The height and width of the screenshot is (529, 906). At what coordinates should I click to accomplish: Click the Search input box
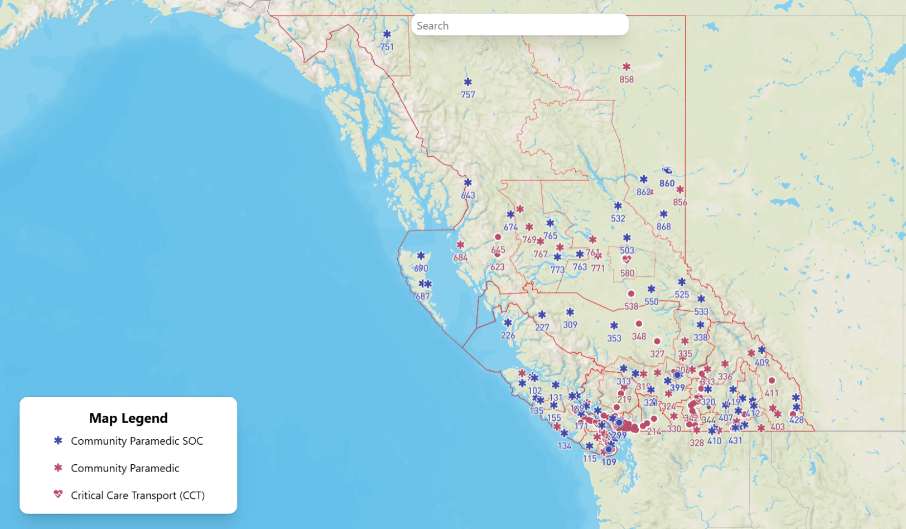click(x=519, y=26)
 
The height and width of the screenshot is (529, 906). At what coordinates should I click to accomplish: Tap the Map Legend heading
click(x=128, y=418)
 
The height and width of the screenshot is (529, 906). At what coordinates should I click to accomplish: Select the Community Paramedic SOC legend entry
click(x=137, y=441)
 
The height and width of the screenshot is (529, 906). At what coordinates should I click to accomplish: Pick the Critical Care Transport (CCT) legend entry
click(x=137, y=495)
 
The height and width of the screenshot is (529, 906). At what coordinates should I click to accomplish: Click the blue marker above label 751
click(x=387, y=35)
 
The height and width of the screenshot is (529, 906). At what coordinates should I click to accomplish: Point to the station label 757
click(x=468, y=95)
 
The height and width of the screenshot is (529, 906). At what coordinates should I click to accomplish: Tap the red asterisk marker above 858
click(x=627, y=67)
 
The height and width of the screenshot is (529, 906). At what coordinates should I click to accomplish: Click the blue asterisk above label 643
click(x=468, y=183)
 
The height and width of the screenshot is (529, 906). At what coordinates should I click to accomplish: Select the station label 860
click(x=667, y=183)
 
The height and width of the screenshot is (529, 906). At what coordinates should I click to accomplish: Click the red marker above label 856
click(x=680, y=190)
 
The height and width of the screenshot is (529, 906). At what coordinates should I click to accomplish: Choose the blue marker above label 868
click(x=663, y=214)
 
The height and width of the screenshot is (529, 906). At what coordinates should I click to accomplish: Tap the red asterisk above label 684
click(x=460, y=245)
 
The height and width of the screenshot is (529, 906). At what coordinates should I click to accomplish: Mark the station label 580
click(x=627, y=273)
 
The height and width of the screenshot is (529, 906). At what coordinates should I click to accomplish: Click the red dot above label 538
click(x=631, y=294)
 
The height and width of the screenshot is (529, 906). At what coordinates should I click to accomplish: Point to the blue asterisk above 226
click(x=508, y=323)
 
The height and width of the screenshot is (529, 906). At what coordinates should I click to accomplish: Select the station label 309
click(x=570, y=325)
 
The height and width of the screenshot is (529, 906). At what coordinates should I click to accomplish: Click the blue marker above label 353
click(x=614, y=326)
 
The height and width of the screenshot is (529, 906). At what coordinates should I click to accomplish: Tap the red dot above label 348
click(x=639, y=324)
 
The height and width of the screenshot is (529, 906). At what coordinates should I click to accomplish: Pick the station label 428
click(x=797, y=420)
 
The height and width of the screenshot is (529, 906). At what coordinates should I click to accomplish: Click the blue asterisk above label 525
click(x=682, y=282)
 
